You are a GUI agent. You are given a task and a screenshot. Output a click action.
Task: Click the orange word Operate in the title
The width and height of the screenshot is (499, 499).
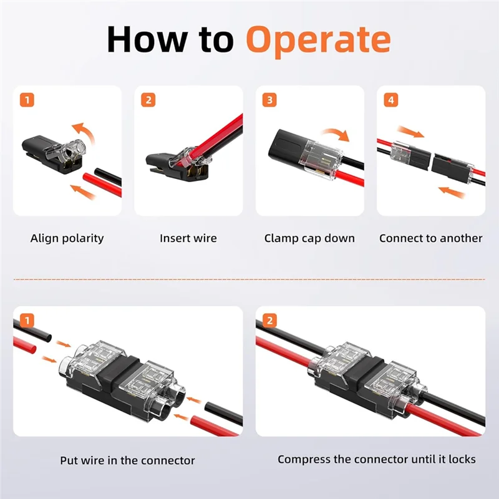(318, 41)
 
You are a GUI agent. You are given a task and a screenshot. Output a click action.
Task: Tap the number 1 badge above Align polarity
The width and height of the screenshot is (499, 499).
(27, 100)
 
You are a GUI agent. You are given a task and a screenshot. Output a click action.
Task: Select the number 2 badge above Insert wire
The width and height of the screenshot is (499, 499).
(148, 100)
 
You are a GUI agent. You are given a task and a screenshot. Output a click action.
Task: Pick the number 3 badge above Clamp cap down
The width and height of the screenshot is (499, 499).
(269, 100)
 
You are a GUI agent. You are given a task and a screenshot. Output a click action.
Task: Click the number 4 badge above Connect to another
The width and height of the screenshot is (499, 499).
(391, 100)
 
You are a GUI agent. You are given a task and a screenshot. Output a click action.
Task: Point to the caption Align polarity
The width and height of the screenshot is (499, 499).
(67, 238)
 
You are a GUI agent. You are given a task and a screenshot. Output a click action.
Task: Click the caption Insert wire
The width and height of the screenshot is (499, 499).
(188, 238)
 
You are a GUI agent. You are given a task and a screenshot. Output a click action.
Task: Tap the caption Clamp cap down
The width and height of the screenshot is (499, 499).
(309, 238)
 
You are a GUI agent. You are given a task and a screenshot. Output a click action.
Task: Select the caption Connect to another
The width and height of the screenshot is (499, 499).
(431, 238)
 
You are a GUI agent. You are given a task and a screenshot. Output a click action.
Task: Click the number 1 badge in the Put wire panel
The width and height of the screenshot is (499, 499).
(27, 321)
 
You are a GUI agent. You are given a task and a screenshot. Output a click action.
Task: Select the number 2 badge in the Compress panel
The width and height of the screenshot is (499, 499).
(270, 321)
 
